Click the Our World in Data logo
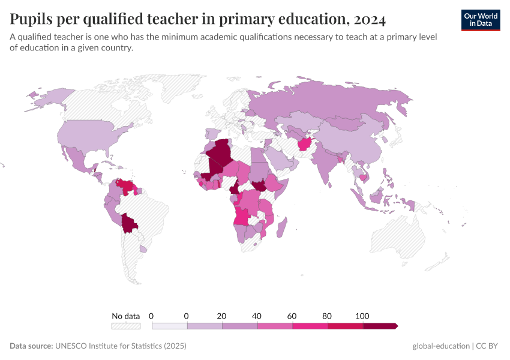click(480, 20)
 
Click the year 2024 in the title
click(370, 19)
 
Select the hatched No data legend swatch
click(125, 326)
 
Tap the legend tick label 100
click(362, 316)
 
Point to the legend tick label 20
click(221, 316)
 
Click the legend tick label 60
click(292, 316)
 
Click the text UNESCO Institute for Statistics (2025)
click(120, 346)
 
